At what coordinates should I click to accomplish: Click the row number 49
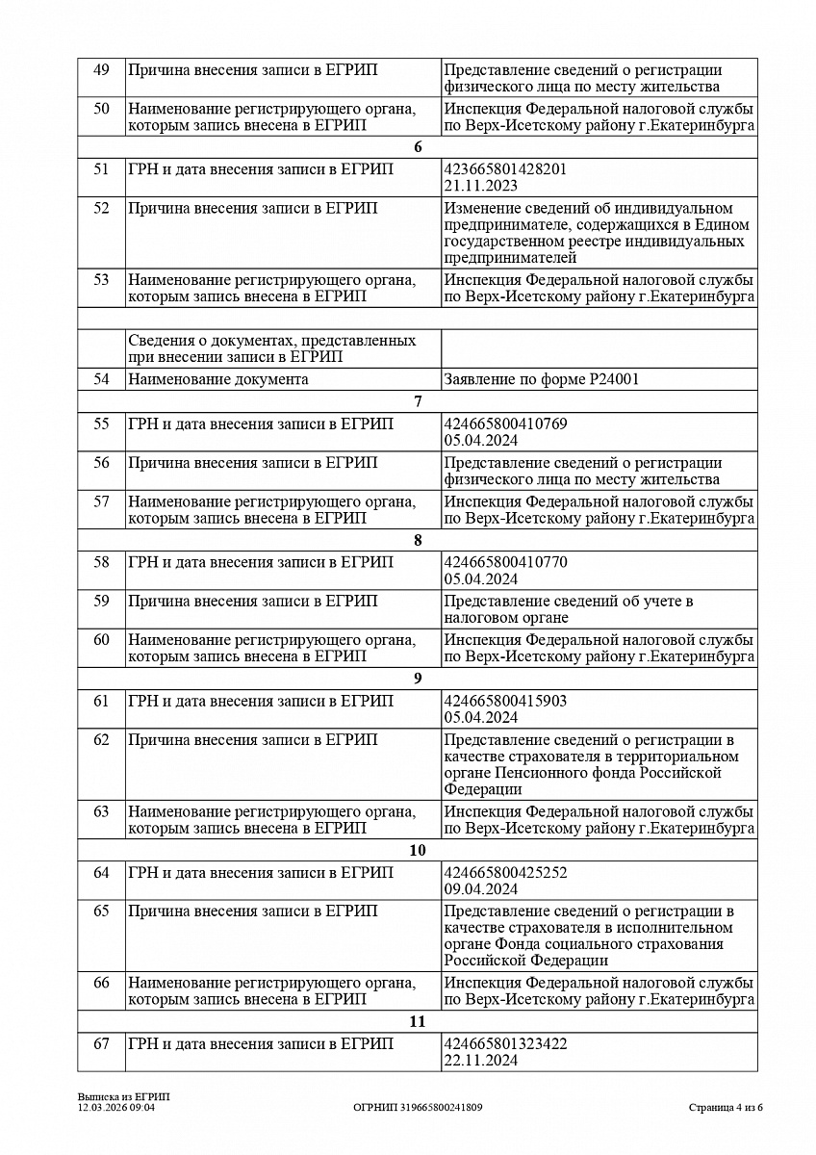[x=101, y=70]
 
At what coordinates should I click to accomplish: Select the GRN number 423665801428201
[x=505, y=169]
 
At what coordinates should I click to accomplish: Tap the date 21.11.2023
[x=481, y=186]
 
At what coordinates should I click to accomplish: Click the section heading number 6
[x=418, y=147]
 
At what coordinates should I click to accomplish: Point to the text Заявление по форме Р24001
[x=542, y=379]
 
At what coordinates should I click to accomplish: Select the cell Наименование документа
[x=218, y=379]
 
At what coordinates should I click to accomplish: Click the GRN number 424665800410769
[x=505, y=424]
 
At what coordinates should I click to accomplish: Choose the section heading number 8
[x=418, y=540]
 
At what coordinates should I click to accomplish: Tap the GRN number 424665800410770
[x=505, y=563]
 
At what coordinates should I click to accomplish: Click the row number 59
[x=101, y=602]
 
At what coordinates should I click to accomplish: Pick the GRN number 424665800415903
[x=505, y=702]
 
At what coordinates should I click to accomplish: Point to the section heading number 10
[x=418, y=851]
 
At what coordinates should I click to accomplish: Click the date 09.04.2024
[x=481, y=889]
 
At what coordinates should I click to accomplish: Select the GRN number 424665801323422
[x=505, y=1044]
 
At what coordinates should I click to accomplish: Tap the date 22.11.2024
[x=481, y=1061]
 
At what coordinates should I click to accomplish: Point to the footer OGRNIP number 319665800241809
[x=418, y=1108]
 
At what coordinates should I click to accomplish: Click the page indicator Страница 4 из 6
[x=726, y=1108]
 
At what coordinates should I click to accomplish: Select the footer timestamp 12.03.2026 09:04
[x=116, y=1108]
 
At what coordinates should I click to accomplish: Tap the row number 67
[x=101, y=1044]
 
